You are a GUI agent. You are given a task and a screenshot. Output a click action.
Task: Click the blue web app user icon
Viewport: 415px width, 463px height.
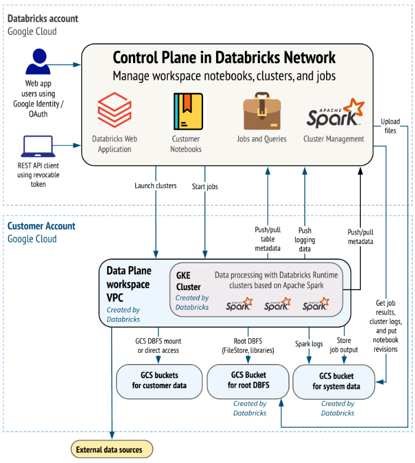point(36,62)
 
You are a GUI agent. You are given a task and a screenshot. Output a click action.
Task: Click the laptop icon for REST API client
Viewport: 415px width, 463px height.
point(37,145)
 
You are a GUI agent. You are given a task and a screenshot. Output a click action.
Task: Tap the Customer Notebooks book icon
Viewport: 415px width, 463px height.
point(186,111)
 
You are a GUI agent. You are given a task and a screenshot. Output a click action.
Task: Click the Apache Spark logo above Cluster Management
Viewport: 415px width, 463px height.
point(334,114)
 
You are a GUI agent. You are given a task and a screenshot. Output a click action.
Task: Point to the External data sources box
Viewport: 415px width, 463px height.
point(112,449)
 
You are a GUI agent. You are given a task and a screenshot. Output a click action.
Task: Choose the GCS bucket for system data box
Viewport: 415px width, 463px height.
point(334,381)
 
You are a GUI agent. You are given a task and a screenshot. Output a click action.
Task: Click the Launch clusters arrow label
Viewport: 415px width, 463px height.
point(155,186)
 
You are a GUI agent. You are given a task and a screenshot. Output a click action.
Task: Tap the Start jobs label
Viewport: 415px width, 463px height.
point(205,187)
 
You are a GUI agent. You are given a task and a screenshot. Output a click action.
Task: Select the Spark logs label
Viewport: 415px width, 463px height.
point(309,343)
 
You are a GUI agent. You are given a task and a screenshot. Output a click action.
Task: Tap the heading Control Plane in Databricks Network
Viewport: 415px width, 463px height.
point(224,57)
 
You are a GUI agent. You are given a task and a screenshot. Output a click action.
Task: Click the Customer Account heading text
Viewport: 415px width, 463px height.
point(41,226)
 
